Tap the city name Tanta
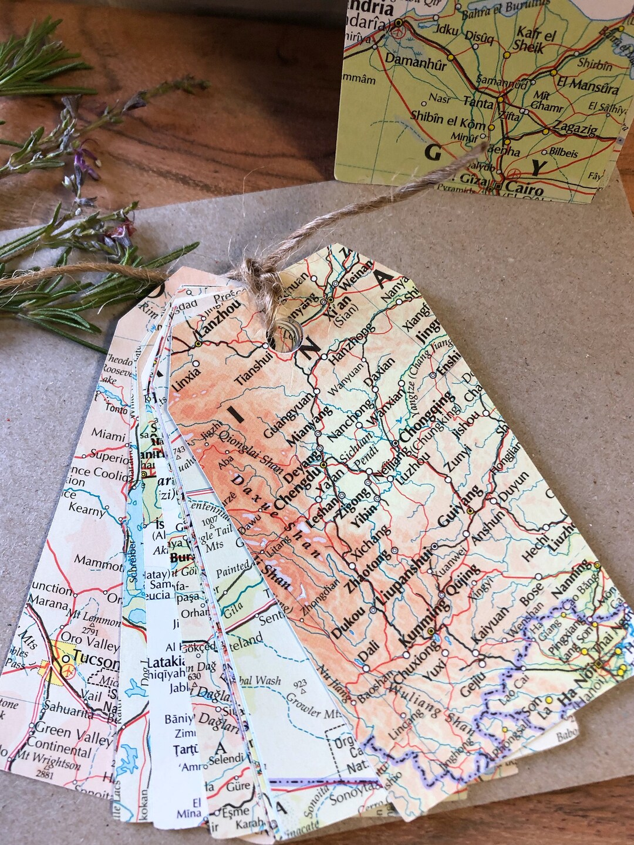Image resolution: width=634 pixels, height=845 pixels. point(478,101)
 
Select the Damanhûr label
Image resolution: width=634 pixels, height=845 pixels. point(413,59)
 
